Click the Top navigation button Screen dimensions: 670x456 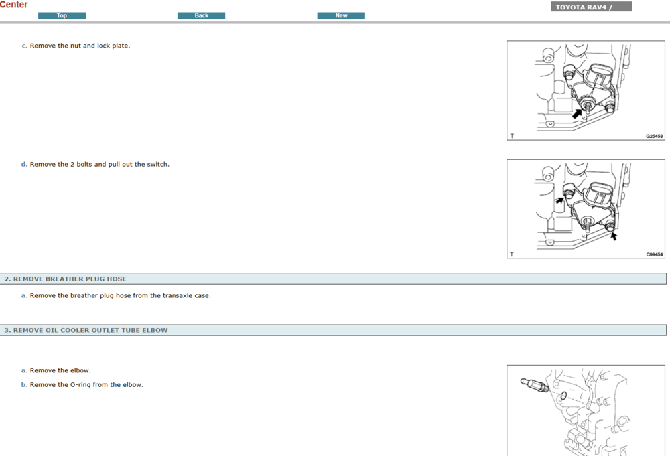(62, 16)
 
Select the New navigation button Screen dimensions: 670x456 (341, 16)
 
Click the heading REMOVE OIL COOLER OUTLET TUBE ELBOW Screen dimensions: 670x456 (86, 331)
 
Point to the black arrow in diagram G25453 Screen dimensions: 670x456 (578, 114)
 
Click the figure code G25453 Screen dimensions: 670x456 (654, 136)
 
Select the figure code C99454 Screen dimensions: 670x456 (654, 255)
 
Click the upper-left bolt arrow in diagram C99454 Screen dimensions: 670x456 (559, 200)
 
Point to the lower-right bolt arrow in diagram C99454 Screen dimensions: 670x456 (613, 236)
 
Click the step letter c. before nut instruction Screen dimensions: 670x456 (24, 46)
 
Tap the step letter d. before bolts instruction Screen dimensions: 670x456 (24, 164)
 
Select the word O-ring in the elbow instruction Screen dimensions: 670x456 (80, 385)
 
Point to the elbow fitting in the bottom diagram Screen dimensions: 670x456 (535, 385)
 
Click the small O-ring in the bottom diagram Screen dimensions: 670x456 (563, 396)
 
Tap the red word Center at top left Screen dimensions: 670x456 (13, 4)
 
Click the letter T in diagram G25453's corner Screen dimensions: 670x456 (512, 136)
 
